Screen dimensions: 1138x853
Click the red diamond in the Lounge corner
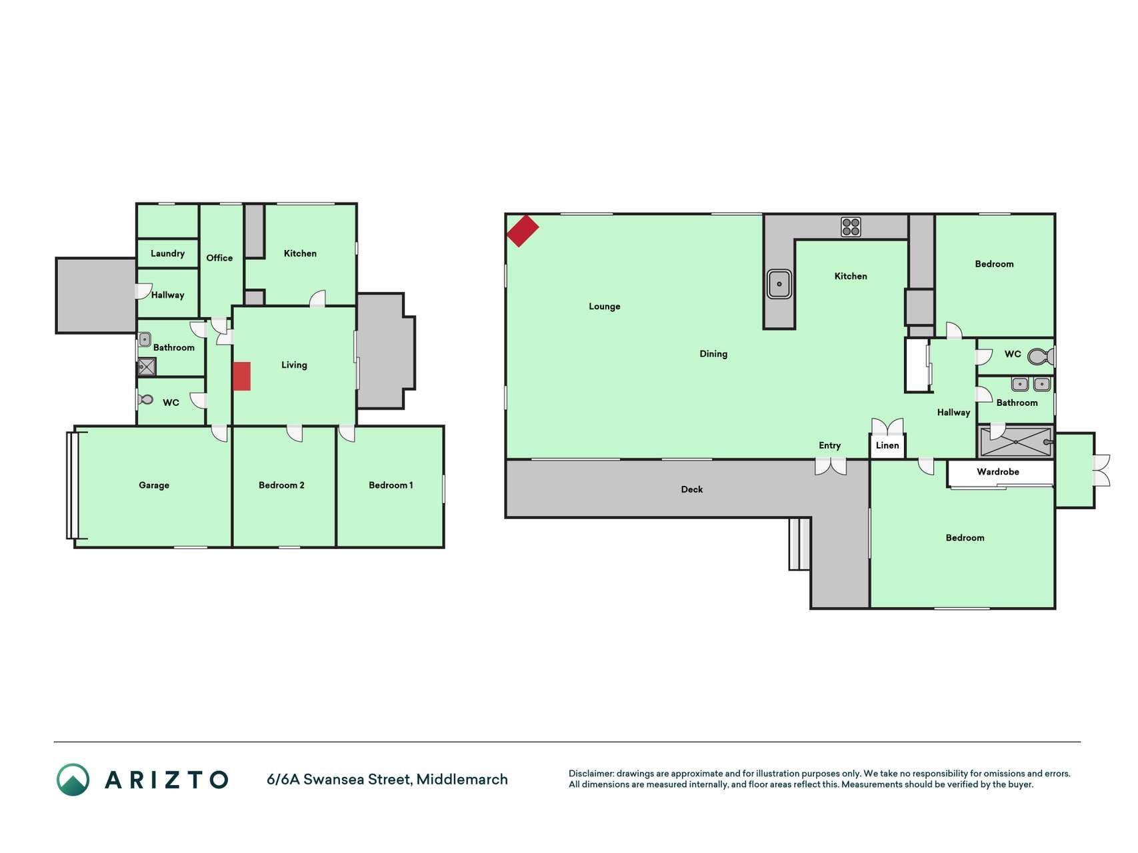tap(523, 231)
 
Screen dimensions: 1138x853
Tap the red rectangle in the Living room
tap(241, 377)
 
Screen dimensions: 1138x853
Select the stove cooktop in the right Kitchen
tap(851, 227)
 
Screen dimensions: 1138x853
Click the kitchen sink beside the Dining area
tap(779, 284)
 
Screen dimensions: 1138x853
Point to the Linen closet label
tap(887, 445)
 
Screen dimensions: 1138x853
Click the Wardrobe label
tap(998, 472)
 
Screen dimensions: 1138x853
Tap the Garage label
tap(154, 485)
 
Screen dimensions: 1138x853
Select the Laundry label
tap(167, 253)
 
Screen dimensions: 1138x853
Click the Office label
tap(219, 258)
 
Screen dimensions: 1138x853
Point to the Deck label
tap(692, 489)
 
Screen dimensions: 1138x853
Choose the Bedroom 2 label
tap(281, 485)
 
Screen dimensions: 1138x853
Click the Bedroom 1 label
tap(391, 485)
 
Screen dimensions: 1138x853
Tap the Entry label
tap(830, 446)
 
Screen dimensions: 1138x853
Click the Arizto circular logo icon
tap(73, 780)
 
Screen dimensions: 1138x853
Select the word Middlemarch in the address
tap(462, 779)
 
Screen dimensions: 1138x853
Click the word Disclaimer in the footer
tap(591, 774)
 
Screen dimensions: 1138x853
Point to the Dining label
tap(713, 354)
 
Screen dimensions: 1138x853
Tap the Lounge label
tap(605, 307)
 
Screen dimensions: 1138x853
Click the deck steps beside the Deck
tap(800, 544)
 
